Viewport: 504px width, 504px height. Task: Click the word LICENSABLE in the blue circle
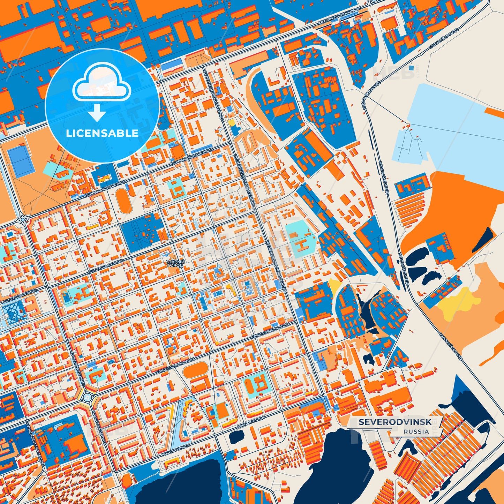tap(102, 133)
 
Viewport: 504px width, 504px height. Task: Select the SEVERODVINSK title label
tap(395, 422)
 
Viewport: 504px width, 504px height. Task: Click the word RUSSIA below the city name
tap(416, 431)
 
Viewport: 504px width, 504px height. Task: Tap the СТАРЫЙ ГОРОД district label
tap(174, 263)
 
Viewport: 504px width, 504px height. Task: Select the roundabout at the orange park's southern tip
tap(23, 219)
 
